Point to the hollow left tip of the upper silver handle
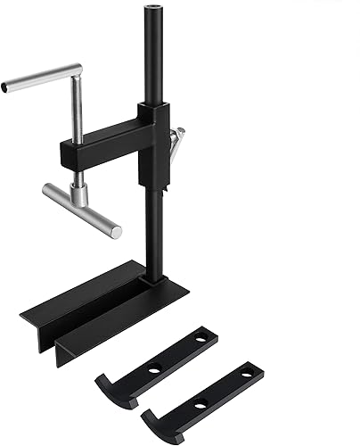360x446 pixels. pos(8,87)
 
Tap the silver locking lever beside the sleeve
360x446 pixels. pos(177,141)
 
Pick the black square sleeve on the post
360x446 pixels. pos(153,143)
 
